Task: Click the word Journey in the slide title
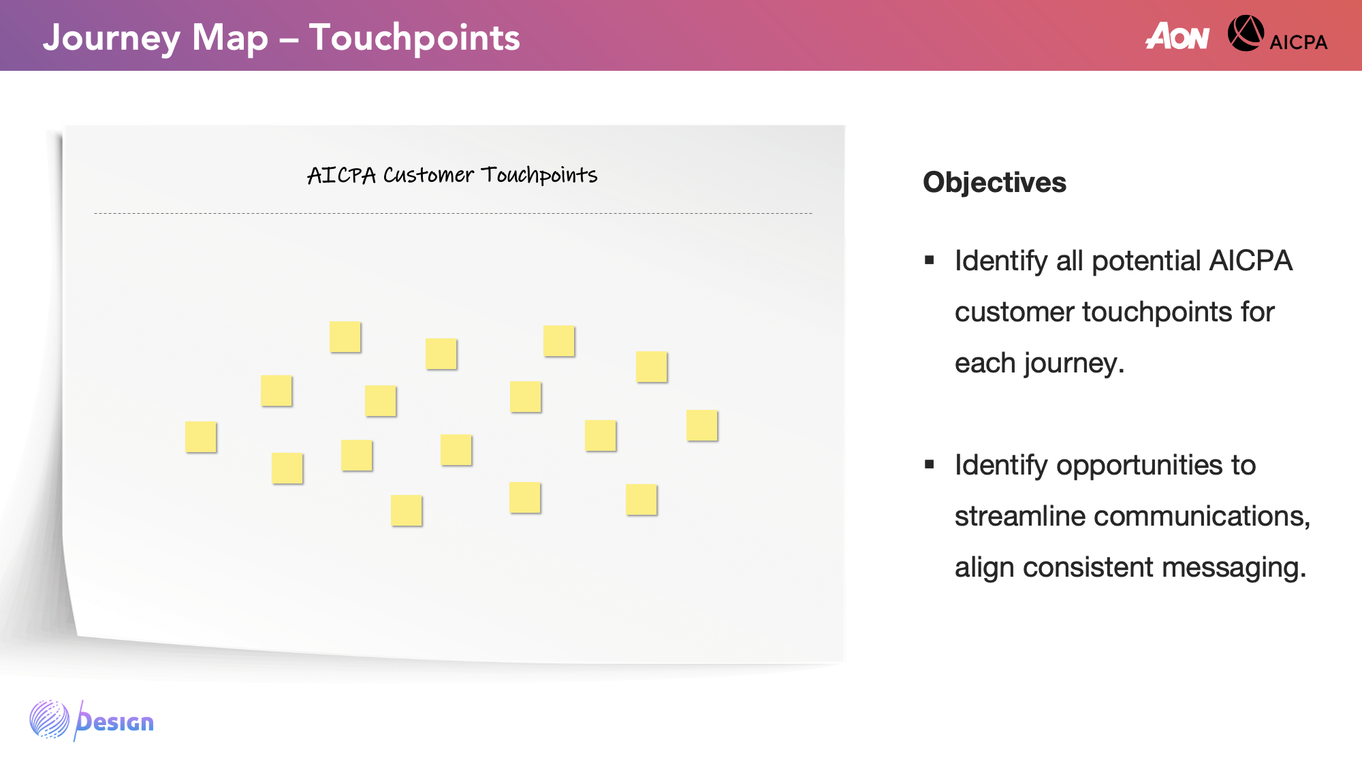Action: tap(112, 39)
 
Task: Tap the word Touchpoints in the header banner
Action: tap(414, 39)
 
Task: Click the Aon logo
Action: tap(1177, 35)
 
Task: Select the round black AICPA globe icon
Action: tap(1246, 33)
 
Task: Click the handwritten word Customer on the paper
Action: tap(428, 175)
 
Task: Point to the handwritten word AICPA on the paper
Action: tap(341, 175)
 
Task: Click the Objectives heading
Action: tap(994, 182)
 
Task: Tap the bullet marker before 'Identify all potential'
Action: tap(930, 260)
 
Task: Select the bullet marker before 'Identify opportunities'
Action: tap(930, 464)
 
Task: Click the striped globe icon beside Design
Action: tap(49, 719)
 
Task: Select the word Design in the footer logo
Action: tap(114, 721)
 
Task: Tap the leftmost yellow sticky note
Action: tap(201, 437)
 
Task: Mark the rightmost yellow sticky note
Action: tap(702, 426)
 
